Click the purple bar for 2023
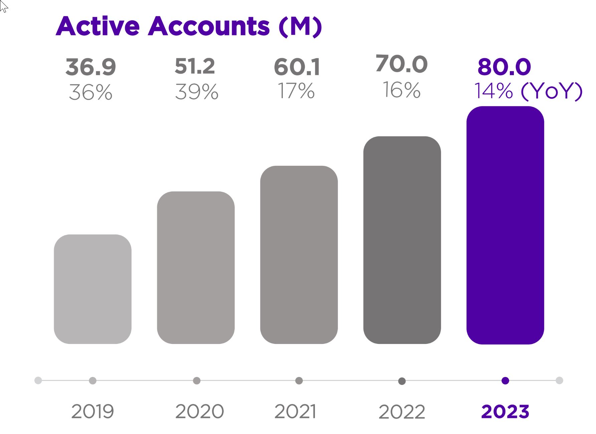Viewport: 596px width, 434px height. point(505,225)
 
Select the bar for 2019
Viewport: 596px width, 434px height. point(92,289)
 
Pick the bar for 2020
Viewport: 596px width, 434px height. point(196,268)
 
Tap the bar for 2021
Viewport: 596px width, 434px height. point(299,255)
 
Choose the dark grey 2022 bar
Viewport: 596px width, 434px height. point(402,240)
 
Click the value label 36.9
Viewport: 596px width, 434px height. point(90,67)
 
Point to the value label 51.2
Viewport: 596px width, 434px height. point(195,66)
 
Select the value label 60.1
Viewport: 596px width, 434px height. point(297,67)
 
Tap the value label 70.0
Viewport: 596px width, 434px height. point(401,64)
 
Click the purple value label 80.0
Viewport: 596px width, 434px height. point(504,67)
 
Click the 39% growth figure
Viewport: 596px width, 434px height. point(197,92)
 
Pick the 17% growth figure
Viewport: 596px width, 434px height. point(296,91)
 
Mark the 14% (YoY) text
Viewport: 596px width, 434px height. point(528,91)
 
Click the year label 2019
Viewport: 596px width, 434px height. point(92,411)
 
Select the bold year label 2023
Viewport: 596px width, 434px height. point(505,412)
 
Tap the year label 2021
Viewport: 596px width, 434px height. point(295,411)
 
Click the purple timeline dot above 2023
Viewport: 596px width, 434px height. point(505,381)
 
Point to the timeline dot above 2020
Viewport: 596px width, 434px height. point(197,381)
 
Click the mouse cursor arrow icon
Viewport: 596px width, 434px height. point(3,6)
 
